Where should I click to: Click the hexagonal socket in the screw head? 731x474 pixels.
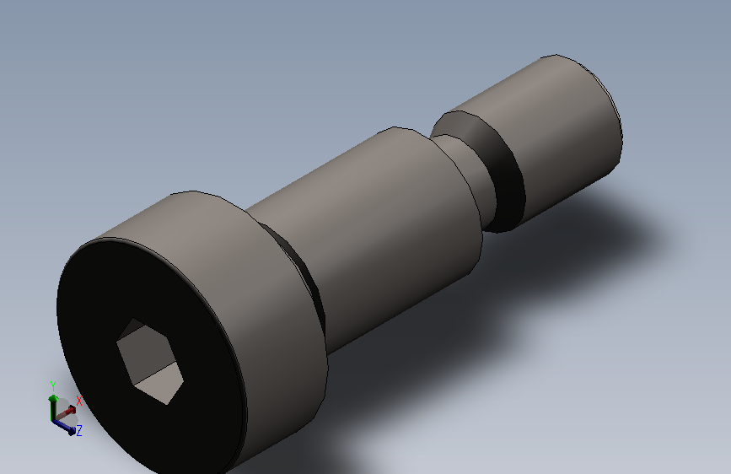[x=149, y=361]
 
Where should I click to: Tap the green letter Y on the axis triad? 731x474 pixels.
[x=53, y=385]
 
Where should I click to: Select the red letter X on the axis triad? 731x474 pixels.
[x=78, y=401]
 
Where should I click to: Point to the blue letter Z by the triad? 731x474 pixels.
[x=78, y=430]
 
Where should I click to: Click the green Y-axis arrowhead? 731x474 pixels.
[x=53, y=398]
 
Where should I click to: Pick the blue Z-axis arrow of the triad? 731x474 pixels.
[x=63, y=427]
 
